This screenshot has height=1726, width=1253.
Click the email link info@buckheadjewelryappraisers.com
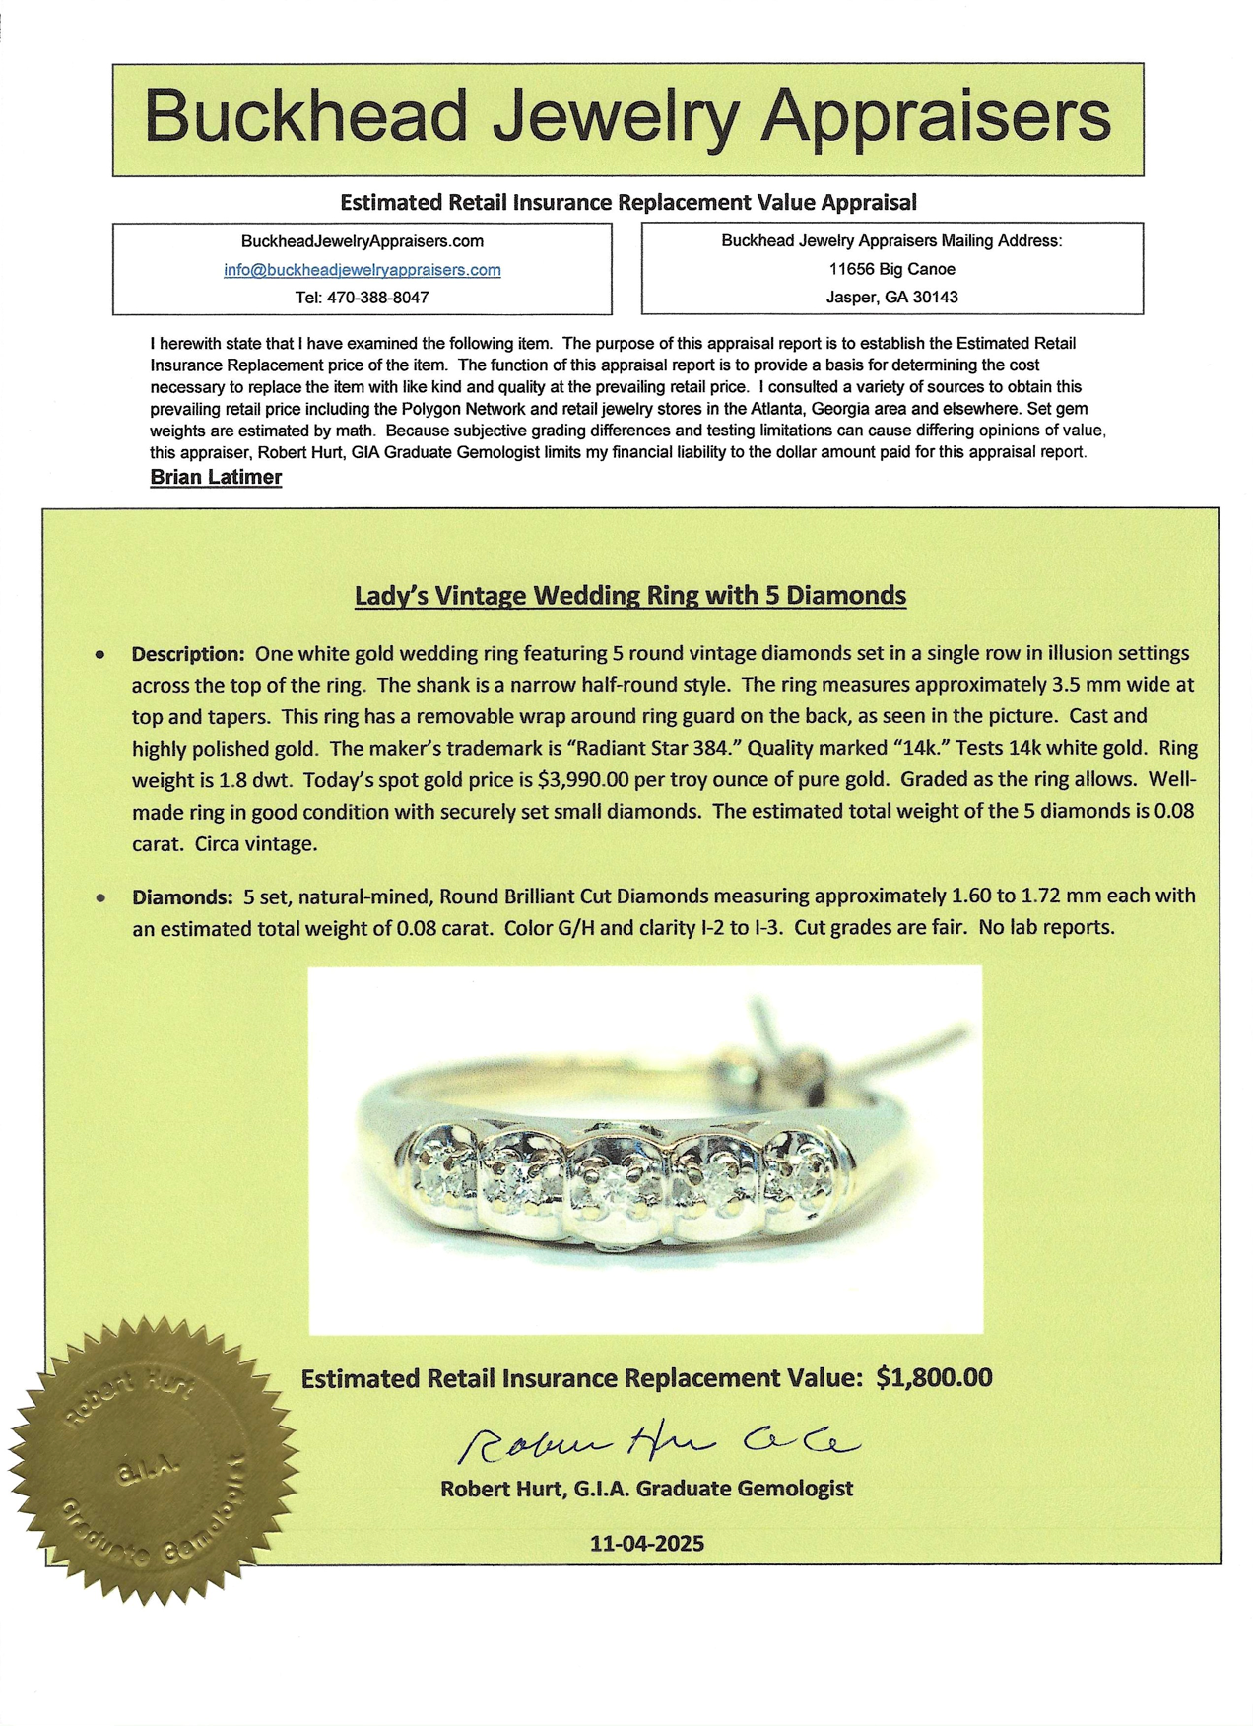(x=362, y=270)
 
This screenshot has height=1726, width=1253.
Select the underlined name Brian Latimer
(x=216, y=477)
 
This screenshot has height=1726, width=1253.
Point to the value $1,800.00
(x=934, y=1377)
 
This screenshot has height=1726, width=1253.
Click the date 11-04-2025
(x=647, y=1543)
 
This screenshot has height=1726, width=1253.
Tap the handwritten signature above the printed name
(x=657, y=1442)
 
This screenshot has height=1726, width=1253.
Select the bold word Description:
(x=187, y=654)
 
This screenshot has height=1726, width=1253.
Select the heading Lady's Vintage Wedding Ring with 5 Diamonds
(x=629, y=595)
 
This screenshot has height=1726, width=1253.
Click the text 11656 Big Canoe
(x=891, y=269)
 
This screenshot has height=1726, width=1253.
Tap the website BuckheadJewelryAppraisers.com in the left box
(x=362, y=241)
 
